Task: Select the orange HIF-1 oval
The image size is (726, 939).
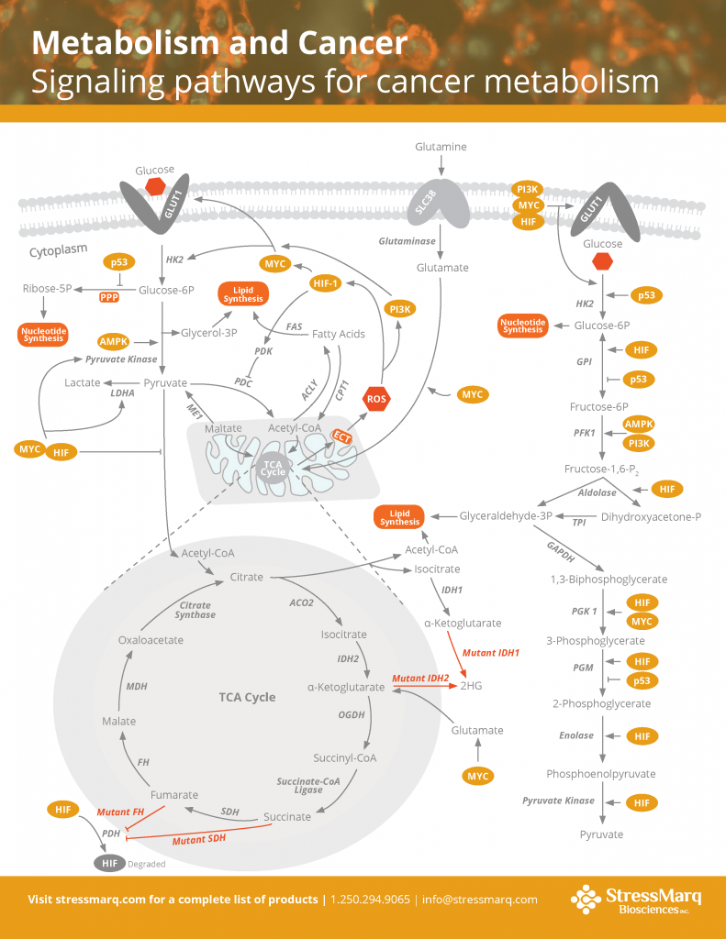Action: (326, 283)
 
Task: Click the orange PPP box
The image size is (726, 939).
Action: (109, 297)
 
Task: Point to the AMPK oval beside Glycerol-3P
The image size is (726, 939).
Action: (115, 341)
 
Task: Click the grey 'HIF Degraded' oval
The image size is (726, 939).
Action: (109, 863)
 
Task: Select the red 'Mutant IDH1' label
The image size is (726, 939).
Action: (490, 653)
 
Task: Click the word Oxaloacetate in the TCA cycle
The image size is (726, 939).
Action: (151, 640)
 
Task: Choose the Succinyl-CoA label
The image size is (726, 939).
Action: (345, 757)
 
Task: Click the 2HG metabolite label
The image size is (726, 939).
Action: (471, 685)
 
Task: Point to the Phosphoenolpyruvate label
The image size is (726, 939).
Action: (601, 773)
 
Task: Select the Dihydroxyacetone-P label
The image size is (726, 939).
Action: (651, 517)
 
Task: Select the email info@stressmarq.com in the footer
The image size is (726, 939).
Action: (481, 900)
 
